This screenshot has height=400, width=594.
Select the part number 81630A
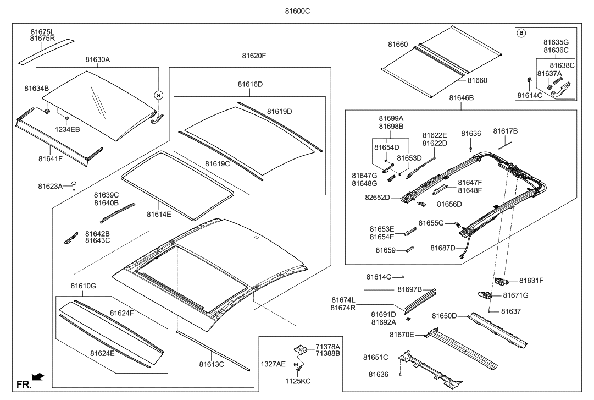click(x=97, y=59)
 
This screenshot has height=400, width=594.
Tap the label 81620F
click(x=254, y=56)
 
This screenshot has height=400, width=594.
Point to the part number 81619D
click(x=279, y=112)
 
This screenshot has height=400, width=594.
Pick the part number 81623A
click(x=57, y=187)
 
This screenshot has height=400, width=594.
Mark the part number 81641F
click(x=51, y=158)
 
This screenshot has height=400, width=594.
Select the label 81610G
click(x=83, y=286)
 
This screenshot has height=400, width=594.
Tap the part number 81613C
click(x=212, y=364)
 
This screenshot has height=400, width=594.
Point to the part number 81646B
click(x=461, y=98)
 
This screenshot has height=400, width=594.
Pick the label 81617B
click(x=505, y=131)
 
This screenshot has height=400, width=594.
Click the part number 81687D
click(x=443, y=248)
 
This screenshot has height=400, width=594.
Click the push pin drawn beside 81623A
click(x=74, y=187)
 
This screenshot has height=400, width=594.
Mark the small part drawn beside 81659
click(x=409, y=249)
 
